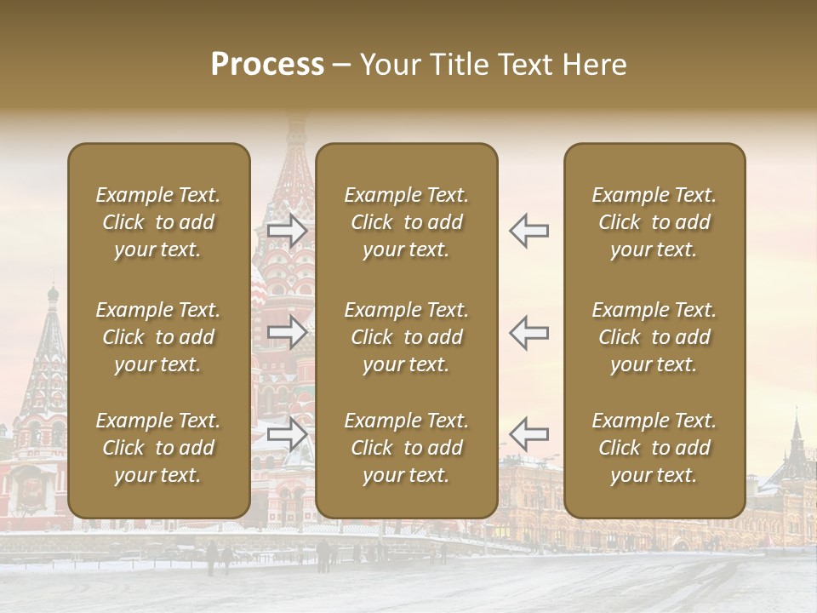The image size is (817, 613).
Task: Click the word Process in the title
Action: [x=267, y=64]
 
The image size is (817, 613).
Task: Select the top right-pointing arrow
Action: [x=287, y=231]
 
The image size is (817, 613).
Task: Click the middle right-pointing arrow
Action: [x=287, y=332]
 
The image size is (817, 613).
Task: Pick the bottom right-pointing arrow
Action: [x=287, y=433]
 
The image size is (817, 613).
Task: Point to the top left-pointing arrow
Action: [x=528, y=231]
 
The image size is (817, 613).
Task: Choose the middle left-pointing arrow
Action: [x=528, y=332]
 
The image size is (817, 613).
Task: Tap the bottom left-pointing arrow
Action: [x=528, y=433]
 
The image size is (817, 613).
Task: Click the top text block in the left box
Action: [x=158, y=222]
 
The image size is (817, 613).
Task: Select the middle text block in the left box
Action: [x=158, y=337]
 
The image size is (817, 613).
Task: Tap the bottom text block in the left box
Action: [x=158, y=448]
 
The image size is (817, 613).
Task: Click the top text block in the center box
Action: [x=407, y=222]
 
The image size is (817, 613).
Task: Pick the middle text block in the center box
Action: [x=407, y=337]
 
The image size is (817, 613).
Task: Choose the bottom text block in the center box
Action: [x=407, y=448]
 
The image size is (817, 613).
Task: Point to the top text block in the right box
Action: [x=654, y=222]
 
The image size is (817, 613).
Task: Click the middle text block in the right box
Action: [x=654, y=337]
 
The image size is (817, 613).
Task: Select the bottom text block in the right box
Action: [x=654, y=448]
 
